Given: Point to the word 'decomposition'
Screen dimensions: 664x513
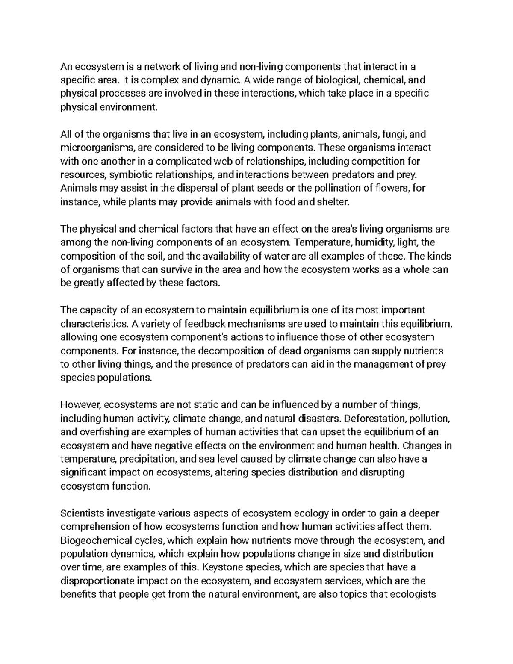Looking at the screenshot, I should (x=226, y=351).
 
